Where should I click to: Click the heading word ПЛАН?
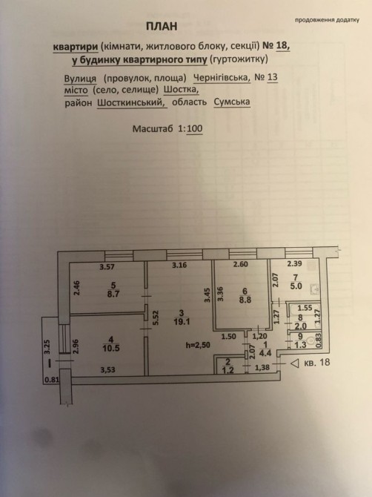point(162,27)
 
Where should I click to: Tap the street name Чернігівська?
point(222,77)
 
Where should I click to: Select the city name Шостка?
point(181,90)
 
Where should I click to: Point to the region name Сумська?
point(232,102)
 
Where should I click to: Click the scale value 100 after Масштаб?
point(194,128)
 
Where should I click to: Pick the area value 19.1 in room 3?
point(181,322)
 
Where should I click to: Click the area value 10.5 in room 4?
point(111,348)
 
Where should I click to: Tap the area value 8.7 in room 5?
point(113,294)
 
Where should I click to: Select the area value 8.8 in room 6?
point(245,300)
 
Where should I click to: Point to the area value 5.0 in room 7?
point(296,286)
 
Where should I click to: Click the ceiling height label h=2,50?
point(198,345)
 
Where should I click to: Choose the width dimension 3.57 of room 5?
point(107,267)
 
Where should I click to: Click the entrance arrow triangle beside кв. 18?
point(295,363)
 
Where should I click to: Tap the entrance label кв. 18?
point(316,362)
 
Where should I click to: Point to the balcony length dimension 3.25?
point(48,347)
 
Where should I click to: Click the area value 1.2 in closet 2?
point(227,369)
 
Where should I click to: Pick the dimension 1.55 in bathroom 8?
point(305,307)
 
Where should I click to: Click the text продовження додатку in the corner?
point(327,20)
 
